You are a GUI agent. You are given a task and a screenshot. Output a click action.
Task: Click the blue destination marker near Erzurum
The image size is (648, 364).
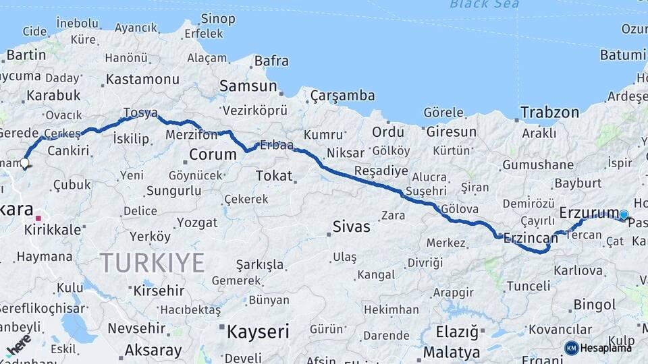click(624, 215)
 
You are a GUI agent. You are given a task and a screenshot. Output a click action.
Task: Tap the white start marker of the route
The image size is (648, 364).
click(25, 162)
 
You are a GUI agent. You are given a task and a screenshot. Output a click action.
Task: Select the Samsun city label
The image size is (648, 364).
click(248, 86)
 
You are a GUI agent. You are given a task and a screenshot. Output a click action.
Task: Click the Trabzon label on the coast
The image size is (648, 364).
click(549, 113)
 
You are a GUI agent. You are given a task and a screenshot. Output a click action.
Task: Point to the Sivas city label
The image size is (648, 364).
click(351, 227)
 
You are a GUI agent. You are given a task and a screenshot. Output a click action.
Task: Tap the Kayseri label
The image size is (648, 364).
click(258, 332)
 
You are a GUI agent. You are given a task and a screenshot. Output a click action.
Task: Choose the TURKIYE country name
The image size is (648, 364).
click(152, 262)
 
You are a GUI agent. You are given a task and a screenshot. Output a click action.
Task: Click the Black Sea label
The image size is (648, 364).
click(485, 5)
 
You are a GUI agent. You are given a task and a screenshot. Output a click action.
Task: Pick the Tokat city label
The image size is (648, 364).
click(274, 176)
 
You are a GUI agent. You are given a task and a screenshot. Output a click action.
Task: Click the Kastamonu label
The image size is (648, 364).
click(142, 80)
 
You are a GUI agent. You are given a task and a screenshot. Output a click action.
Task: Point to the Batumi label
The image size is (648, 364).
click(624, 55)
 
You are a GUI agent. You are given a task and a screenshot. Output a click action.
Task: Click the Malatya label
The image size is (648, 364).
click(452, 352)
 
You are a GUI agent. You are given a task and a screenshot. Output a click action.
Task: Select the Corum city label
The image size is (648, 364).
click(213, 154)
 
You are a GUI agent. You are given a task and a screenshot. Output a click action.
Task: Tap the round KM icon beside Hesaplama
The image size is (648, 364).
click(572, 348)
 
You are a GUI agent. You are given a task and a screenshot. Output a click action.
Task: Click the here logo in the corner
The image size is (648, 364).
click(18, 345)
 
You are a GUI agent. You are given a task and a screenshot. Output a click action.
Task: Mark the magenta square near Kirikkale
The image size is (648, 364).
click(39, 218)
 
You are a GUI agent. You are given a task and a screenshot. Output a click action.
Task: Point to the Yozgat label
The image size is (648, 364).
click(197, 222)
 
